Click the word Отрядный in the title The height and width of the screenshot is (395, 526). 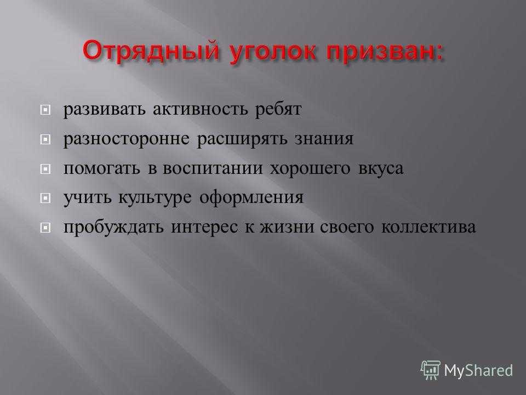[x=151, y=52]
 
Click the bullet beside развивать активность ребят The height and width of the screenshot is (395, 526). [x=45, y=110]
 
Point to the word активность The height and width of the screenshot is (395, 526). [x=201, y=110]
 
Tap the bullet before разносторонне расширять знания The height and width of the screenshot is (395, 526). [x=45, y=139]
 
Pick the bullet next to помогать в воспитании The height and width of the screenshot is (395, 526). [x=45, y=168]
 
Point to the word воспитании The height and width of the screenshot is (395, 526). [x=213, y=168]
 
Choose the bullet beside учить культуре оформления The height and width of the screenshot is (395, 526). [x=45, y=198]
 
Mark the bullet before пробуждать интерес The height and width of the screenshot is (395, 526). [x=45, y=228]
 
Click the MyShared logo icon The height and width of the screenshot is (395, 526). [x=431, y=370]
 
